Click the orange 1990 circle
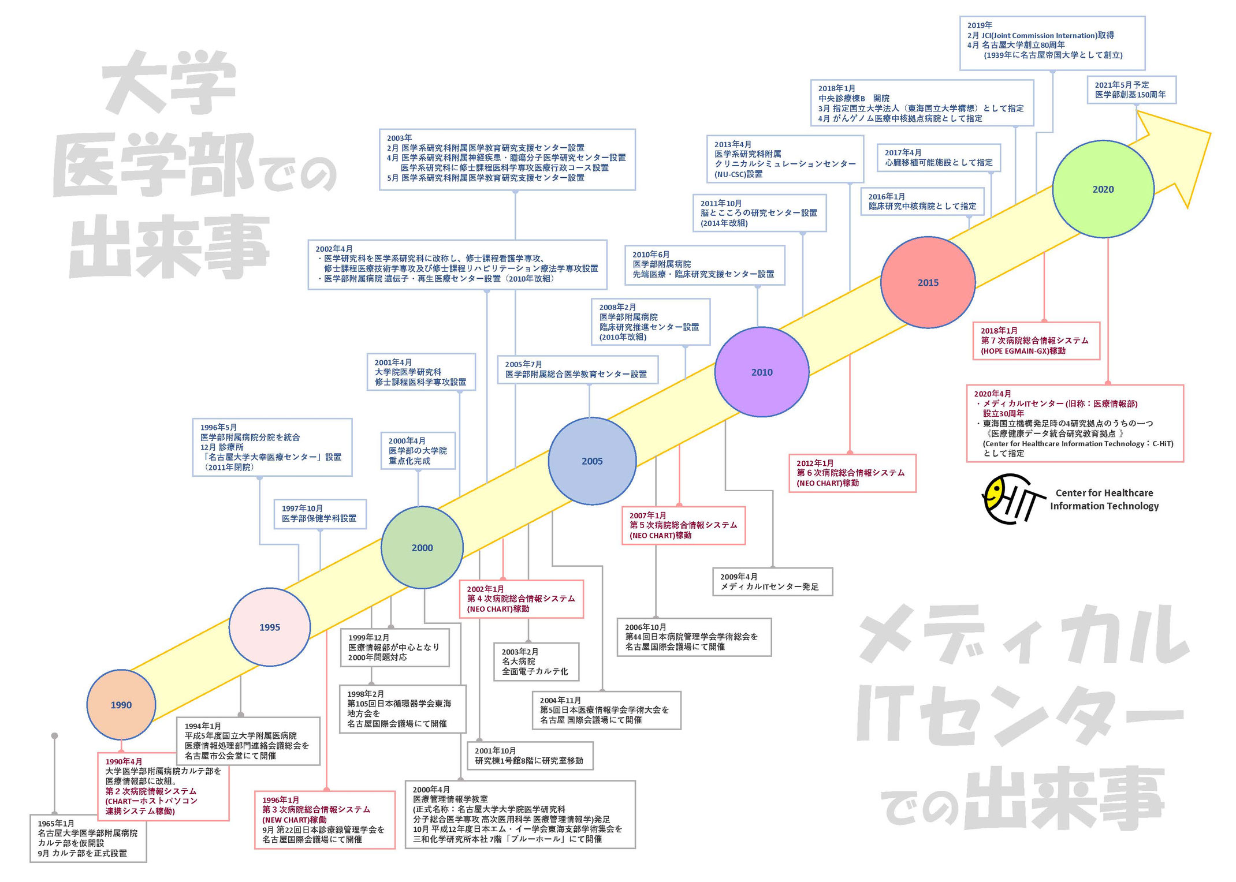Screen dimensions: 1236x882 (x=121, y=705)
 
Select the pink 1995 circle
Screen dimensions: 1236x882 (x=270, y=627)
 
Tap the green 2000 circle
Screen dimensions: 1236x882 (x=422, y=548)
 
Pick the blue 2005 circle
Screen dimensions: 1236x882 (x=592, y=461)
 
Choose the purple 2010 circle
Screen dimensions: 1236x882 (x=762, y=372)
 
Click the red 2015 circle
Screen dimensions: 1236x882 (x=928, y=282)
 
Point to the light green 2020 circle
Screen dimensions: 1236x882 (x=1103, y=189)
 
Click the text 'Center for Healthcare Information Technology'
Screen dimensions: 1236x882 (x=1104, y=499)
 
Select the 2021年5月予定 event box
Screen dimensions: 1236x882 (x=1131, y=89)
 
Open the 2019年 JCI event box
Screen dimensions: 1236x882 (x=1052, y=43)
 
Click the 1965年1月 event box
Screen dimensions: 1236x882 (x=88, y=838)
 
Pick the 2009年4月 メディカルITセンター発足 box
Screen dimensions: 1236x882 (x=773, y=582)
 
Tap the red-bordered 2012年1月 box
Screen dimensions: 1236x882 (x=852, y=473)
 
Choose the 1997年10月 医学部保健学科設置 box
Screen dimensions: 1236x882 (x=320, y=514)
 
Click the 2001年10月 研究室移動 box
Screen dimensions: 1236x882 (x=530, y=756)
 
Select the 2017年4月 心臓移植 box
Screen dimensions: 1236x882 (x=939, y=158)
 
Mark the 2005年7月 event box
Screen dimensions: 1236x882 (x=578, y=369)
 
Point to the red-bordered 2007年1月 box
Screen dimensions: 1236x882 (x=683, y=525)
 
